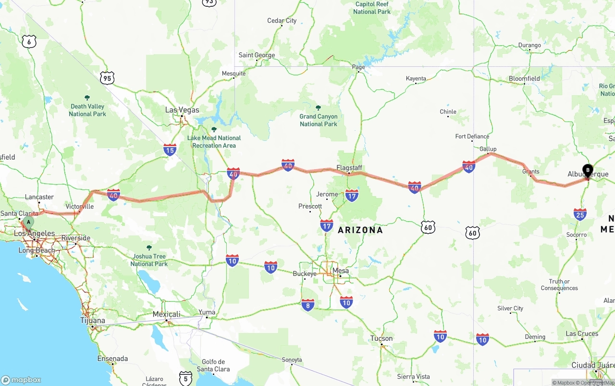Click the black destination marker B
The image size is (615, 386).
pyautogui.click(x=588, y=170)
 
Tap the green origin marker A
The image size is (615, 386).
pyautogui.click(x=29, y=222)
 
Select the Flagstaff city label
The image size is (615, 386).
pyautogui.click(x=349, y=168)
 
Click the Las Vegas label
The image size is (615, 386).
pyautogui.click(x=182, y=110)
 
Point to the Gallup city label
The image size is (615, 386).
pyautogui.click(x=488, y=149)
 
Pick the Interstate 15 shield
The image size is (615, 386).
pyautogui.click(x=170, y=150)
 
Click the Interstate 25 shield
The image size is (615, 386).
pyautogui.click(x=580, y=214)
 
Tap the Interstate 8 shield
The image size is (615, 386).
pyautogui.click(x=308, y=305)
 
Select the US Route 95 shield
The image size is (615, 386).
pyautogui.click(x=107, y=78)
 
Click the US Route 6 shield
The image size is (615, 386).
pyautogui.click(x=29, y=42)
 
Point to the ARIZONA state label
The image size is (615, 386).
pyautogui.click(x=360, y=230)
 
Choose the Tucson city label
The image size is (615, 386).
pyautogui.click(x=381, y=338)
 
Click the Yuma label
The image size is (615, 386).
pyautogui.click(x=207, y=312)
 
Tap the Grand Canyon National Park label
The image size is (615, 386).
pyautogui.click(x=319, y=120)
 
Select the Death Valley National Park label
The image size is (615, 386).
pyautogui.click(x=87, y=110)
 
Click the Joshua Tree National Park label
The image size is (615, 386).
pyautogui.click(x=149, y=260)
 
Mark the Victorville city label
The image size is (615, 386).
pyautogui.click(x=79, y=206)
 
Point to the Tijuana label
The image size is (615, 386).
pyautogui.click(x=93, y=321)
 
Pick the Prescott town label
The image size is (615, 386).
pyautogui.click(x=310, y=206)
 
